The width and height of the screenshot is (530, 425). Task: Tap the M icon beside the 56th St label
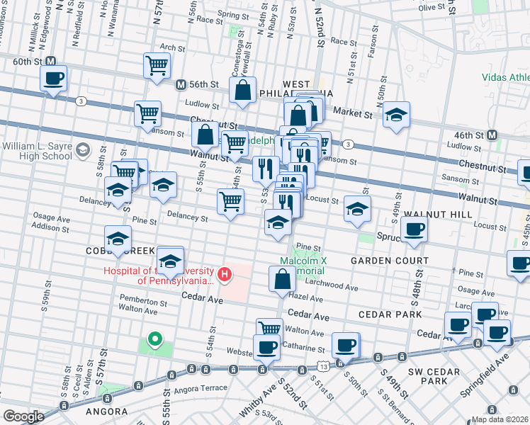[x=181, y=84]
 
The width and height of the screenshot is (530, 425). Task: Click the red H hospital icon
[x=225, y=273]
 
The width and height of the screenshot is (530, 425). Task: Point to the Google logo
[x=23, y=416]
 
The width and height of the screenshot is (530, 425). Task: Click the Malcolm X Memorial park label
[x=303, y=266]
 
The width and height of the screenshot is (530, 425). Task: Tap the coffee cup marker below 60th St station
[x=53, y=78]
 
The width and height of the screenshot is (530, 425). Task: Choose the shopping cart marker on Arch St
[x=157, y=65]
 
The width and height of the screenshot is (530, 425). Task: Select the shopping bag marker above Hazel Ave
[x=281, y=278]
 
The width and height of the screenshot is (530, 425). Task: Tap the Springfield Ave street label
[x=504, y=365]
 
